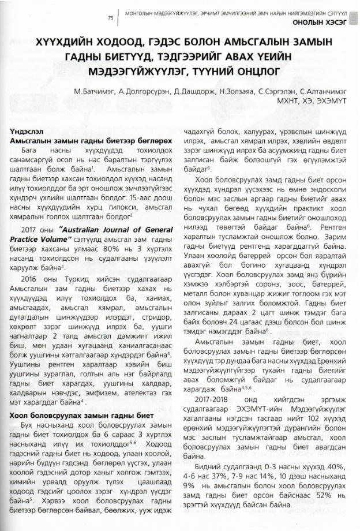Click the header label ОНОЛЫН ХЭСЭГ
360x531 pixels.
321,22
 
